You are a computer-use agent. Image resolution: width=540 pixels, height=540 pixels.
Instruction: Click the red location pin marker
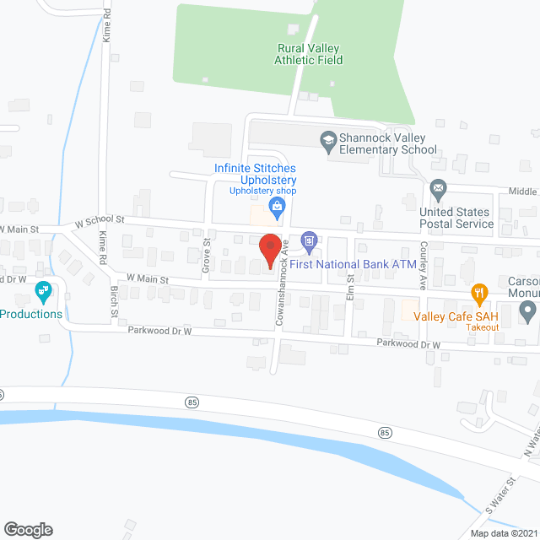(x=269, y=250)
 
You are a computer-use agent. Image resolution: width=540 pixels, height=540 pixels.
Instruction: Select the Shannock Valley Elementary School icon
(x=329, y=139)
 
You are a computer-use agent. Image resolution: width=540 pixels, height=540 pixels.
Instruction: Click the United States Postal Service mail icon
(x=437, y=186)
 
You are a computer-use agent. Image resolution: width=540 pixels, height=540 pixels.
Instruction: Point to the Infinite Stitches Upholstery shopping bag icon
(x=275, y=205)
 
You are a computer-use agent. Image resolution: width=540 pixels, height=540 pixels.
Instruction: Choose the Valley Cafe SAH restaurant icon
(x=479, y=294)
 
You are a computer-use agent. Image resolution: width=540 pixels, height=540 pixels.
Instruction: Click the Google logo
(x=28, y=529)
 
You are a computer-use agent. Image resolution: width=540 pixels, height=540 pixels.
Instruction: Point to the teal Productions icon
(x=44, y=293)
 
